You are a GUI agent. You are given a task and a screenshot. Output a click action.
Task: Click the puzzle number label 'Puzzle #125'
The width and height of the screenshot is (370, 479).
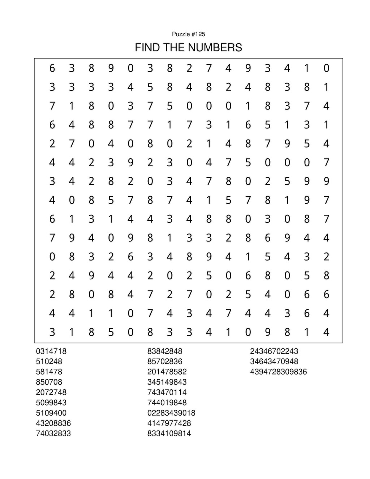point(188,34)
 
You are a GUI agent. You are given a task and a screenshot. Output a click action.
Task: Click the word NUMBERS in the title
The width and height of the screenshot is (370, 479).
point(218,47)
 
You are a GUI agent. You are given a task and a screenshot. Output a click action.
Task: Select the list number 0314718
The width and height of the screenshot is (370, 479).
point(51,351)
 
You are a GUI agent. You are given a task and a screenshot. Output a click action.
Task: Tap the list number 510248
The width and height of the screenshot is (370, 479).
point(49,361)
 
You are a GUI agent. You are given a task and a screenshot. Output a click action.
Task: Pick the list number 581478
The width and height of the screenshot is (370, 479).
point(49,372)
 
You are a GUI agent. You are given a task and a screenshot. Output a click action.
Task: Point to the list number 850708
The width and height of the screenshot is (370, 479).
point(49,382)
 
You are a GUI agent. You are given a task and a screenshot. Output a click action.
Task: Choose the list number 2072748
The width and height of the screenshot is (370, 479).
point(51,392)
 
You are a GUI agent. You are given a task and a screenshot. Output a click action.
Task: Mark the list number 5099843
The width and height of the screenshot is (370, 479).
point(51,402)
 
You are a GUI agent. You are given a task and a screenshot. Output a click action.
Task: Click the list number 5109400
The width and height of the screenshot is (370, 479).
point(51,413)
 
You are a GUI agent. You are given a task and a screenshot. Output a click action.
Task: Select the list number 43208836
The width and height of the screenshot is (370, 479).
point(53,423)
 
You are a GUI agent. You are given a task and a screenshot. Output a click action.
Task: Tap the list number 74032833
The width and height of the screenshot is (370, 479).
point(53,433)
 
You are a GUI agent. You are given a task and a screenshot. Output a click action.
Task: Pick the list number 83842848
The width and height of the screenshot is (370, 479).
point(165,351)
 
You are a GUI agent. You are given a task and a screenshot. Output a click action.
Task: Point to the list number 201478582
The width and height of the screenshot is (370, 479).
point(167,372)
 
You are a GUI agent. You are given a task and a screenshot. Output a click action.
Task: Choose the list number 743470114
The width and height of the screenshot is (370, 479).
point(167,392)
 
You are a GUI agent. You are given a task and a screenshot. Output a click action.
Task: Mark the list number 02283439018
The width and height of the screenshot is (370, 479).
point(171,413)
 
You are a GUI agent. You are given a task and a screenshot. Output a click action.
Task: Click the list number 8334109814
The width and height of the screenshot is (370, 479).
point(169,433)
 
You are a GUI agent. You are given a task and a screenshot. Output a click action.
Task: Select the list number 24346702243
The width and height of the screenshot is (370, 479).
point(274,351)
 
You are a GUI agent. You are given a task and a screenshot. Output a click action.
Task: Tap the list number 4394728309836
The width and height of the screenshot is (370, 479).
point(279,372)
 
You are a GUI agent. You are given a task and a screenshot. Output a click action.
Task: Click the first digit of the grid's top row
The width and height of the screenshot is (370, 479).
point(52,68)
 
